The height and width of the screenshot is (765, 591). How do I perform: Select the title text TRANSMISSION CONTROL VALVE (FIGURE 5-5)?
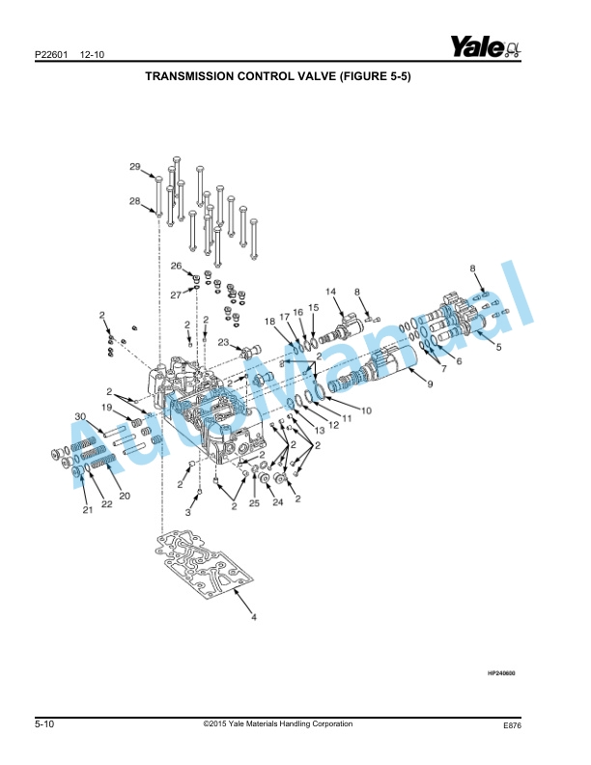[x=277, y=76]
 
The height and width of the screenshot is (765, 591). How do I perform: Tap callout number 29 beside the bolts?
[x=136, y=167]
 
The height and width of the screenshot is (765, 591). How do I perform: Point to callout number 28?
[x=136, y=201]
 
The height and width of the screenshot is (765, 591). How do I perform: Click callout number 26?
[x=177, y=266]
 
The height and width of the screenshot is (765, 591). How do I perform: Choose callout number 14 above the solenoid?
[x=329, y=291]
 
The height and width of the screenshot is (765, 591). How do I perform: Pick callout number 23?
[x=223, y=342]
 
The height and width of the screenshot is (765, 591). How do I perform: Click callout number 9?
[x=430, y=383]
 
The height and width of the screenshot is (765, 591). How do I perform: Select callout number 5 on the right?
[x=499, y=347]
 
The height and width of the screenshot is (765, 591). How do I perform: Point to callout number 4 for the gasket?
[x=254, y=615]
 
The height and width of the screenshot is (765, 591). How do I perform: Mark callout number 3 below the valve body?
[x=189, y=513]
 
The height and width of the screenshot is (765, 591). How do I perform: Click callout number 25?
[x=255, y=503]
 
